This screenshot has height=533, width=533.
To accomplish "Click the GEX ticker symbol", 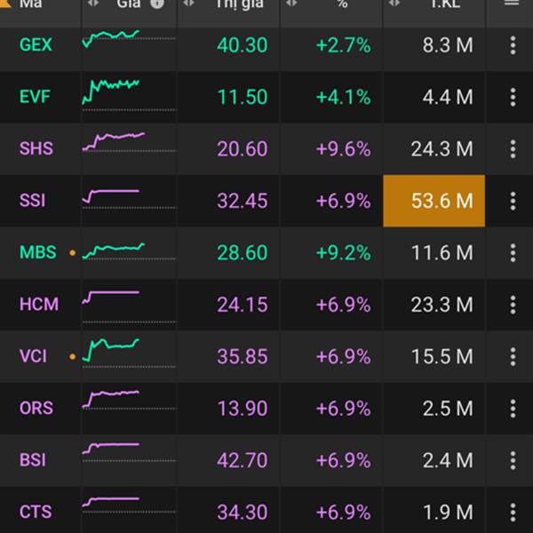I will tap(36, 44).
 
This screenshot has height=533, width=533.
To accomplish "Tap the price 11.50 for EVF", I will tap(243, 97).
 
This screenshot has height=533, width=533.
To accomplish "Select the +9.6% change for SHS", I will tap(343, 148).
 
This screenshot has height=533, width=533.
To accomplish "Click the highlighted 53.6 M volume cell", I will tap(434, 201).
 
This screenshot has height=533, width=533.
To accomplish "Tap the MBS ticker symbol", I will tap(37, 252).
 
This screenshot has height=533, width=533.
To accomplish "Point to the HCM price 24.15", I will tap(243, 305).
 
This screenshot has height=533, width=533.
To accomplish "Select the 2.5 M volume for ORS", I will tap(449, 409).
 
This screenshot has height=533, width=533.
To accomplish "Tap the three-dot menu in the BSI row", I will tap(513, 460).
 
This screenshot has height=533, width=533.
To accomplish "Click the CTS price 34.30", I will tap(243, 513).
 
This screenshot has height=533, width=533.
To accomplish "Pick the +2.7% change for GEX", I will tap(343, 44).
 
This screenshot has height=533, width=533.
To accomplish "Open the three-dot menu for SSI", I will tap(513, 201).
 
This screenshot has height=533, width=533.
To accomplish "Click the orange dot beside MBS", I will tap(72, 253).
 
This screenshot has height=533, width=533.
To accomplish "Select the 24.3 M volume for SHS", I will tap(442, 148).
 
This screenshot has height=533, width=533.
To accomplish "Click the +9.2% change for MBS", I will tap(343, 252).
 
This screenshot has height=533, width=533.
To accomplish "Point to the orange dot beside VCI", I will tap(72, 357).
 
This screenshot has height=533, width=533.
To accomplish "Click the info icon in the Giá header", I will tap(157, 4).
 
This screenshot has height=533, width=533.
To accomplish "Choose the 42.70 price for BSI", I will tap(243, 460).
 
